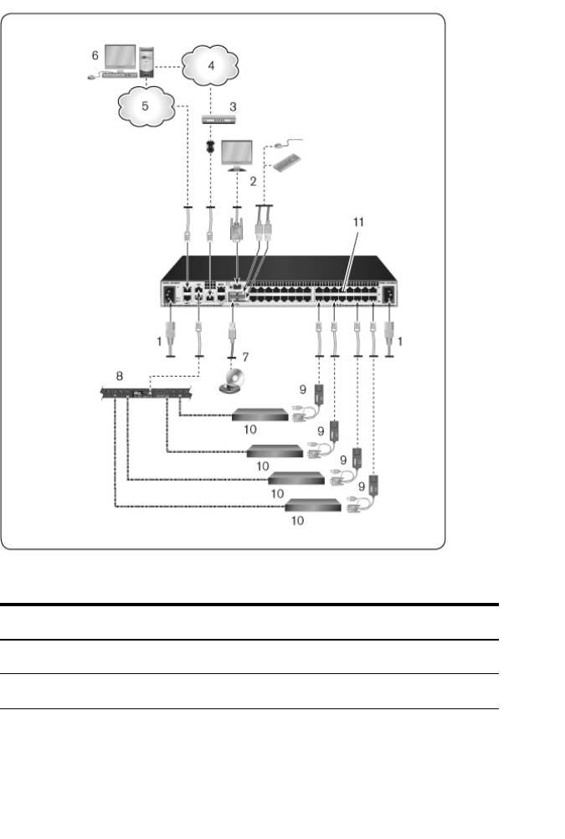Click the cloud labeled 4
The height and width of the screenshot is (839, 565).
pyautogui.click(x=211, y=65)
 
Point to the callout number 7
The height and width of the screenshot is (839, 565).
pyautogui.click(x=246, y=358)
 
